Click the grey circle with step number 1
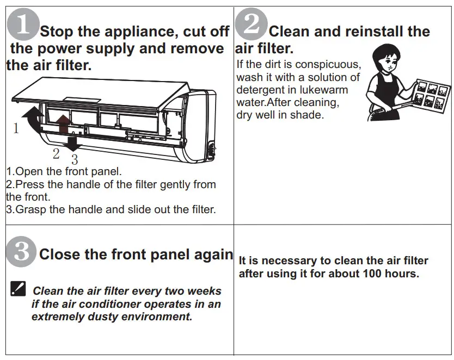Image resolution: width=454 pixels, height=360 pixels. tap(23, 24)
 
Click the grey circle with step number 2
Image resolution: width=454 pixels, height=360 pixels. tap(252, 24)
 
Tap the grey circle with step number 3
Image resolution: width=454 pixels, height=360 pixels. tap(21, 253)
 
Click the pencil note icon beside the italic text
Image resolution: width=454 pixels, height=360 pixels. tap(18, 288)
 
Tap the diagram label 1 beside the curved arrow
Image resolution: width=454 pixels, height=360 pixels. tap(16, 129)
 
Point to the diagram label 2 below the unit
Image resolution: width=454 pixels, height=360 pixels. tap(56, 153)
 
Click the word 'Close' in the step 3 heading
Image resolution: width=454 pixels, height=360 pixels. tap(59, 254)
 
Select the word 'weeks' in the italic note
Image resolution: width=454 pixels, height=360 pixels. tap(204, 291)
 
